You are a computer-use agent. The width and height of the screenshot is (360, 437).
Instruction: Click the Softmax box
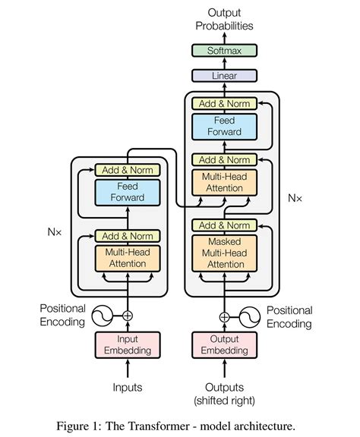coord(224,52)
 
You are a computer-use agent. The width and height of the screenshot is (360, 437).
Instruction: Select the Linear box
coord(224,76)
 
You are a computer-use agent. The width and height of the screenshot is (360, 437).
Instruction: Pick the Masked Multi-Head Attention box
coord(224,252)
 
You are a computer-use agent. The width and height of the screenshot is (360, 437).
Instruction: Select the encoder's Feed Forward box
coord(128,192)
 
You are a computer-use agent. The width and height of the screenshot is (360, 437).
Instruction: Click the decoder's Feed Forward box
coord(224,126)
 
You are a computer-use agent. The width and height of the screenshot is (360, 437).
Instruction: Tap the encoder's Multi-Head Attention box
coord(128,258)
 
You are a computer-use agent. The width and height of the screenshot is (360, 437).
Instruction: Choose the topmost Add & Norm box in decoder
coord(224,102)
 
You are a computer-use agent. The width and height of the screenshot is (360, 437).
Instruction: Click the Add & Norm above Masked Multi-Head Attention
coord(224,225)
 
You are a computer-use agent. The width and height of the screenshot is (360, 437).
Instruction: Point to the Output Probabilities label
coord(224,19)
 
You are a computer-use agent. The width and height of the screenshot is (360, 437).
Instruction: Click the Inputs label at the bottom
coord(128,388)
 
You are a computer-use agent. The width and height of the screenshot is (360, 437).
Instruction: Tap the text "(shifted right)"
coord(224,400)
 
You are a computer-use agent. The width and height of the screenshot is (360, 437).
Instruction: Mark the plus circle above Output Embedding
coord(224,316)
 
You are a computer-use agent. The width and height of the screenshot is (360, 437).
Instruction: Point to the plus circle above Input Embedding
coord(128,315)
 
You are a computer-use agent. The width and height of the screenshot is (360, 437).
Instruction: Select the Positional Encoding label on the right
coord(289,317)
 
